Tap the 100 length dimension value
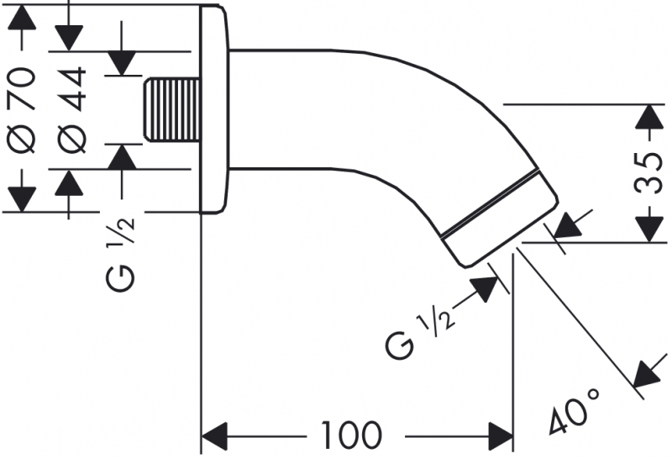pos(351,435)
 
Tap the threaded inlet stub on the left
pos(173,109)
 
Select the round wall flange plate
pos(214,109)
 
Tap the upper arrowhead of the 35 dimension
pos(648,118)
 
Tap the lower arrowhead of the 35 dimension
pos(648,229)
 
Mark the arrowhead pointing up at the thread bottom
pos(123,158)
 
